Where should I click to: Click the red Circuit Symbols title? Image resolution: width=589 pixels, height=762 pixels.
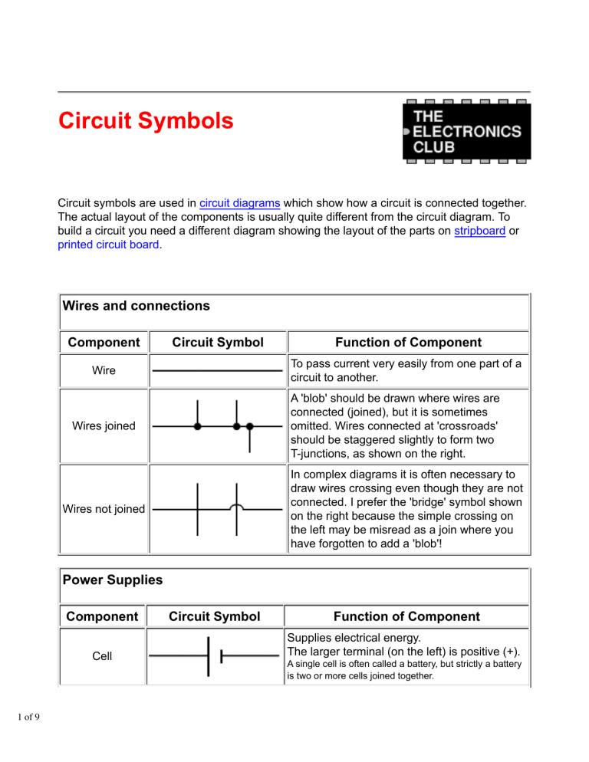click(x=146, y=122)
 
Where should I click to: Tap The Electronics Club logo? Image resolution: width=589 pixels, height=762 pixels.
click(x=466, y=131)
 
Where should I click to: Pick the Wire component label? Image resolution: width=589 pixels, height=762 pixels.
click(x=104, y=370)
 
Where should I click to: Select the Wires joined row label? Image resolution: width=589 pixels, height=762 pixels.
click(x=104, y=426)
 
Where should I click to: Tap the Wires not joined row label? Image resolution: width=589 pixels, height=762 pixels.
click(x=104, y=507)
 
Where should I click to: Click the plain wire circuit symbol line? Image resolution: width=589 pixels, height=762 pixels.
click(x=217, y=370)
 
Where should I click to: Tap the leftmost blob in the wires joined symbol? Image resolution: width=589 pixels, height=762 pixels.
click(x=198, y=426)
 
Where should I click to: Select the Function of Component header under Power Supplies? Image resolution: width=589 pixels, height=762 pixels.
click(x=406, y=616)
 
